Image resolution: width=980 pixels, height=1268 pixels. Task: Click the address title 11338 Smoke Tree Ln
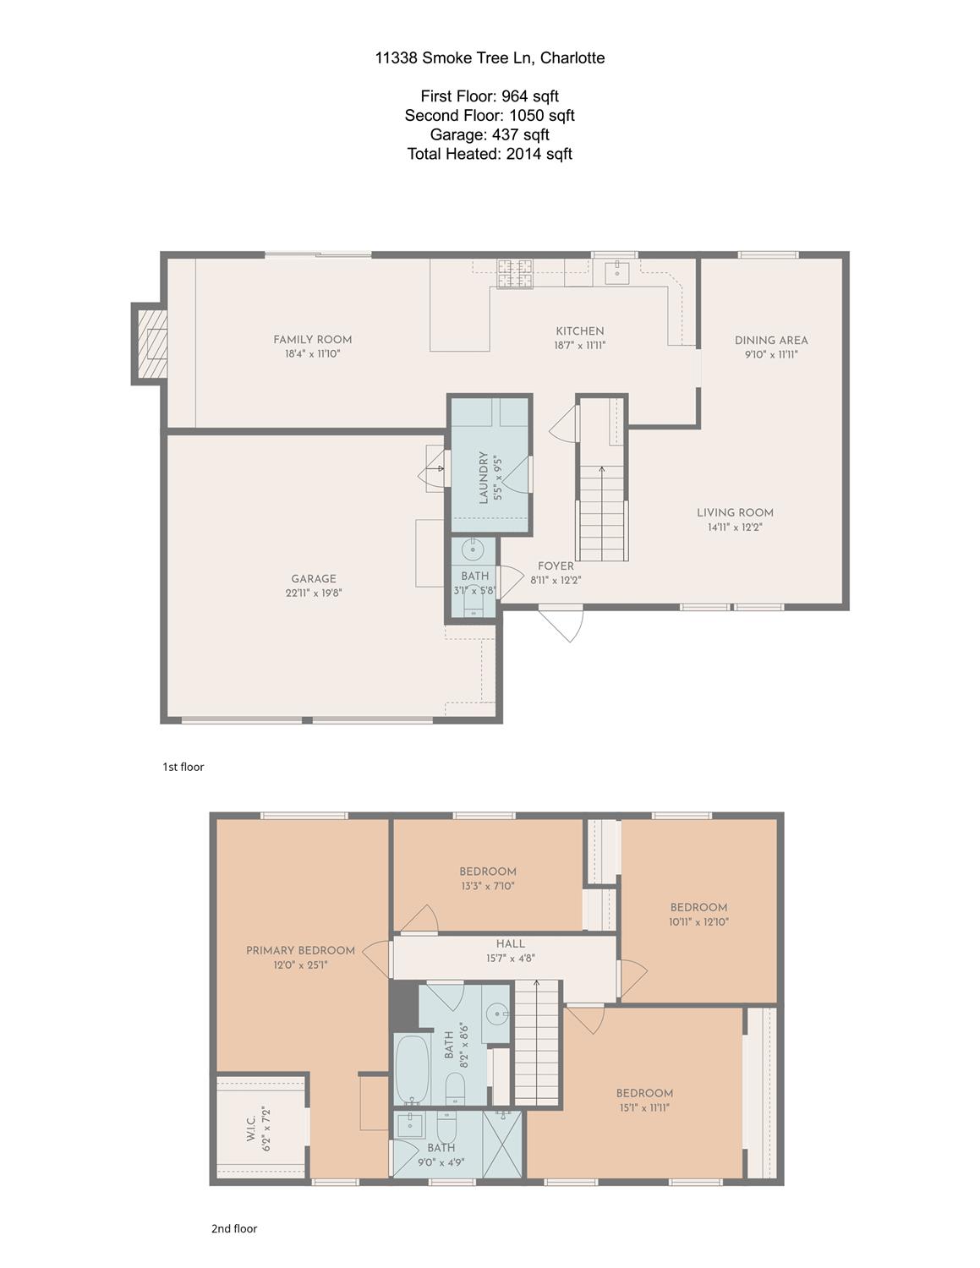coord(454,57)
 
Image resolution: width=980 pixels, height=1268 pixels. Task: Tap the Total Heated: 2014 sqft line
coord(490,154)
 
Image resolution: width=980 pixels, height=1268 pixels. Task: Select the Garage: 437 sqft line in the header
coord(490,134)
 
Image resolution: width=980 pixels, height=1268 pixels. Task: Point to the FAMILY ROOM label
coord(312,340)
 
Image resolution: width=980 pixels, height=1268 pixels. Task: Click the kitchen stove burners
coord(515,274)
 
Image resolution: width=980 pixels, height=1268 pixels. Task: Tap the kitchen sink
coord(616,272)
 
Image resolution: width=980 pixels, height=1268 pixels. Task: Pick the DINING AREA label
coord(771,340)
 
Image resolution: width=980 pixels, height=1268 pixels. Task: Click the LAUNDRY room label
coord(484,477)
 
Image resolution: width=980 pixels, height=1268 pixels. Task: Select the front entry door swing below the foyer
coord(561,623)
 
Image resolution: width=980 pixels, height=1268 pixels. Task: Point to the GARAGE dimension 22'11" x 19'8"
coord(314,593)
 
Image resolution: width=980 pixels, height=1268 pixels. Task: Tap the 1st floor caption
coord(183,767)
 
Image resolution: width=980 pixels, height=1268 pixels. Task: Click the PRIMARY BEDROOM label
coord(301,950)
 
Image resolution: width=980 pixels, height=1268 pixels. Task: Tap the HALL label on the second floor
coord(510,943)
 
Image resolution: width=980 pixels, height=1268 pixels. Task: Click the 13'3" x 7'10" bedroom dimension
coord(487,886)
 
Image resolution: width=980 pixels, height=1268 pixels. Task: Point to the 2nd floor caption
coord(234,1228)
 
